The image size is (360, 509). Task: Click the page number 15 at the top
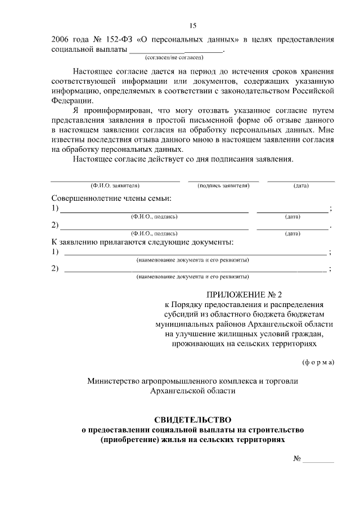(x=192, y=26)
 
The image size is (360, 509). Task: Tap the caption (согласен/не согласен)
(x=174, y=57)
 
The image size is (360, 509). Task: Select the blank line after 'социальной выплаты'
(x=177, y=51)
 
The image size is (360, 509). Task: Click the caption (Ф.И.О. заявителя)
(x=115, y=185)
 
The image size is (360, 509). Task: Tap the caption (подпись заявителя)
(x=223, y=185)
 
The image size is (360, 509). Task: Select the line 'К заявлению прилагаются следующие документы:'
(x=142, y=242)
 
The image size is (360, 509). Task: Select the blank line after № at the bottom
(x=318, y=461)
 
